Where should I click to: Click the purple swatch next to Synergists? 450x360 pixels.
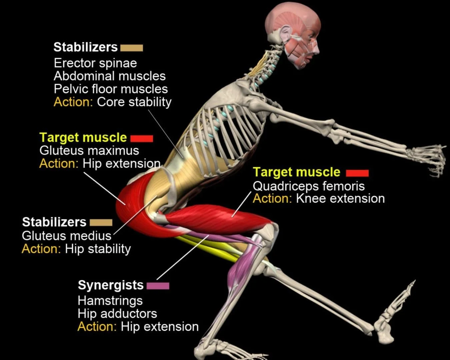pyautogui.click(x=158, y=286)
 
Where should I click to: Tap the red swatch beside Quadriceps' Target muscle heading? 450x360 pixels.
pyautogui.click(x=357, y=173)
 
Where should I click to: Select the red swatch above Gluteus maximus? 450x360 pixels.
pyautogui.click(x=142, y=138)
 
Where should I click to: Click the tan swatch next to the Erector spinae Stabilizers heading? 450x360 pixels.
pyautogui.click(x=131, y=48)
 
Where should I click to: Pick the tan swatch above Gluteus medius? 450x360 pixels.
pyautogui.click(x=101, y=222)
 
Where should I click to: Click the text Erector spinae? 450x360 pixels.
pyautogui.click(x=95, y=63)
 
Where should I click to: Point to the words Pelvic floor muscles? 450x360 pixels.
pyautogui.click(x=111, y=89)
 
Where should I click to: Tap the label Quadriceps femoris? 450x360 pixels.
pyautogui.click(x=309, y=186)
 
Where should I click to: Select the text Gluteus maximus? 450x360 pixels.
pyautogui.click(x=89, y=150)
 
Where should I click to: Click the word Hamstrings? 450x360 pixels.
pyautogui.click(x=110, y=301)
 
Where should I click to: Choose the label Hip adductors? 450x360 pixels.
pyautogui.click(x=117, y=314)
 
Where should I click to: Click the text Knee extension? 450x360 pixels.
pyautogui.click(x=340, y=199)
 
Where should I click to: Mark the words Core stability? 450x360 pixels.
pyautogui.click(x=134, y=102)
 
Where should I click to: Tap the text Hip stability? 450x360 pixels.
pyautogui.click(x=98, y=249)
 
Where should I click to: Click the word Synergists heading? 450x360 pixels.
pyautogui.click(x=111, y=285)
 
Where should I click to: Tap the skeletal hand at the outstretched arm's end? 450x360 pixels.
pyautogui.click(x=428, y=158)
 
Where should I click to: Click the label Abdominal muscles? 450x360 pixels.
pyautogui.click(x=110, y=76)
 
